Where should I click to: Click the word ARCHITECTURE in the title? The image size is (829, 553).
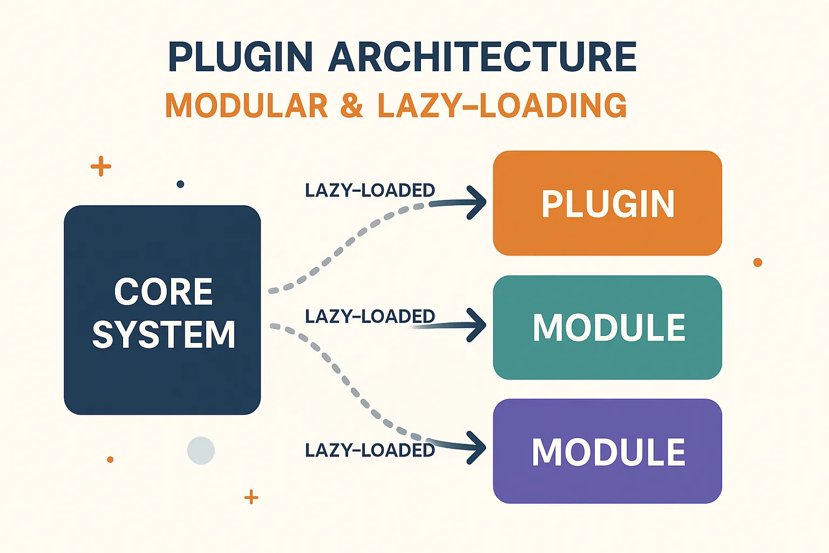[483, 57]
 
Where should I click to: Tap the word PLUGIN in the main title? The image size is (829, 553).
[240, 57]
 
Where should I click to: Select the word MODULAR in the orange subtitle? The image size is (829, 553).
[247, 105]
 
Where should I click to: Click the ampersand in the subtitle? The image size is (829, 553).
[352, 105]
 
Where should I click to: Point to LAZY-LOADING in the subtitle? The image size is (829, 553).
[502, 105]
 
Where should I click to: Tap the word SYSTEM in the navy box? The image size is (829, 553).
[164, 334]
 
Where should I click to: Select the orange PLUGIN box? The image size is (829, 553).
[608, 203]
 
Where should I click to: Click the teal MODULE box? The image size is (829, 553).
[608, 327]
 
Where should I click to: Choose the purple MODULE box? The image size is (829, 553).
[608, 451]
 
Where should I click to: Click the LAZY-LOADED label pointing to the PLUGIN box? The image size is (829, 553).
[370, 190]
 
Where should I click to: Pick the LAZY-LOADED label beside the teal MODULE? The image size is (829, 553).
[370, 316]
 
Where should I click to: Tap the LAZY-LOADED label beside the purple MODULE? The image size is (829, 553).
[370, 450]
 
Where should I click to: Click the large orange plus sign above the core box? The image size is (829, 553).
[101, 166]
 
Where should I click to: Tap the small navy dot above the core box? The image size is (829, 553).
[180, 184]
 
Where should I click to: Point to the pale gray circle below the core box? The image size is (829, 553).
[201, 450]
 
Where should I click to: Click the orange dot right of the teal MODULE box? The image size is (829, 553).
[758, 262]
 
